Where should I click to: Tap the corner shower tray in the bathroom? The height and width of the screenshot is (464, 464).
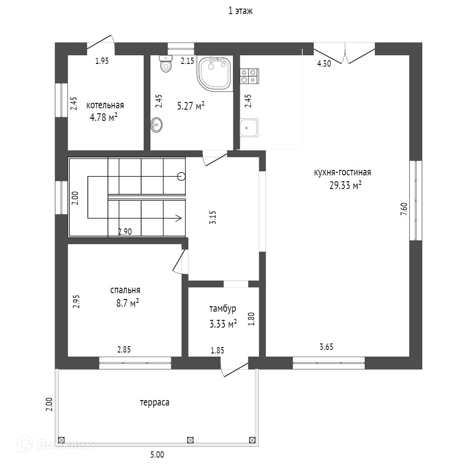click(215, 73)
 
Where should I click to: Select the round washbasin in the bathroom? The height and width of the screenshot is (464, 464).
click(157, 125)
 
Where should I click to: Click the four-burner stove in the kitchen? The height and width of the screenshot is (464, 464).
click(249, 76)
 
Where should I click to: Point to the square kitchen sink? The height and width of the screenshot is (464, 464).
click(249, 127)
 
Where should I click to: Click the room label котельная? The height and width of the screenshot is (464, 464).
click(105, 106)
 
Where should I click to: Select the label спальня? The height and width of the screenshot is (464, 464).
click(125, 290)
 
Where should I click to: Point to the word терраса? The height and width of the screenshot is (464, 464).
click(155, 402)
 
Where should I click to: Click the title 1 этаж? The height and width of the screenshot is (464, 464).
click(240, 11)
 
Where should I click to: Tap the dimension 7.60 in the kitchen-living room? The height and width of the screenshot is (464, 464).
click(404, 209)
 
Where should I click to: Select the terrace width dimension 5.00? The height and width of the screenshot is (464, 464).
click(157, 455)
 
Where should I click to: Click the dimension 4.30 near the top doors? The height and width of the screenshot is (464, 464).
click(324, 64)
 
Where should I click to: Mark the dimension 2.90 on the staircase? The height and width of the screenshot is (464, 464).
click(125, 232)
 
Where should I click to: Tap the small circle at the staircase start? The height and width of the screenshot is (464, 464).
click(182, 176)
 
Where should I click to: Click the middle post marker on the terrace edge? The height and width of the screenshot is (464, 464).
click(190, 440)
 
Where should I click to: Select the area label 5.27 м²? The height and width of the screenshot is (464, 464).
click(190, 106)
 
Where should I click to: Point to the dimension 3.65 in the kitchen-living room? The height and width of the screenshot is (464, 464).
click(326, 347)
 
